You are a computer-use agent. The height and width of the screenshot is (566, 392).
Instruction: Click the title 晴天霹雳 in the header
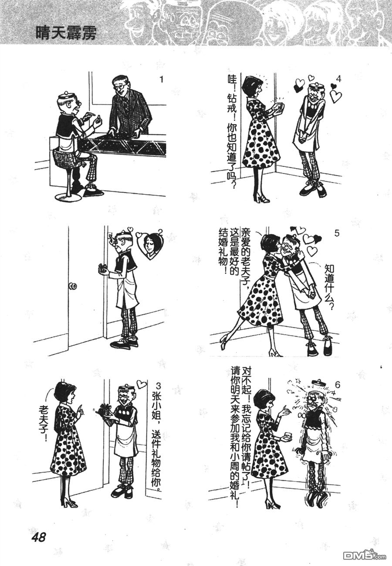coord(66,33)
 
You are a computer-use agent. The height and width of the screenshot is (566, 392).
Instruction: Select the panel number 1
coord(161,80)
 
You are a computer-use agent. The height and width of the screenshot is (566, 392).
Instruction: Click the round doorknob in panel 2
coord(73,286)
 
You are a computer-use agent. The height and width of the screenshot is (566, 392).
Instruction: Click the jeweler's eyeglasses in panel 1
coord(119,89)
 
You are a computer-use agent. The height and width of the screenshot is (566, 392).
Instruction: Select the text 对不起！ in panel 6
coord(247,386)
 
